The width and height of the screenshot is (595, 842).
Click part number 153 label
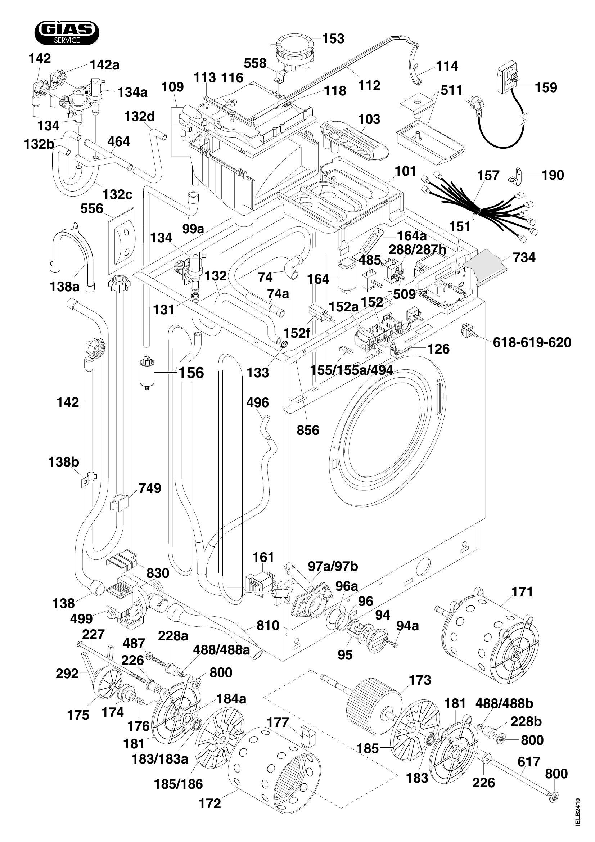click(x=333, y=39)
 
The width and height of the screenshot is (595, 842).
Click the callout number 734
click(x=524, y=257)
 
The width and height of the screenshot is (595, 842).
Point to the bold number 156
click(x=191, y=373)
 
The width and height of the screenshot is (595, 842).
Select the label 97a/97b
click(x=333, y=567)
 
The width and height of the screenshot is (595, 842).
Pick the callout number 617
click(x=529, y=762)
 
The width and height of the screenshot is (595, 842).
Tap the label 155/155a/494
click(x=352, y=370)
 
